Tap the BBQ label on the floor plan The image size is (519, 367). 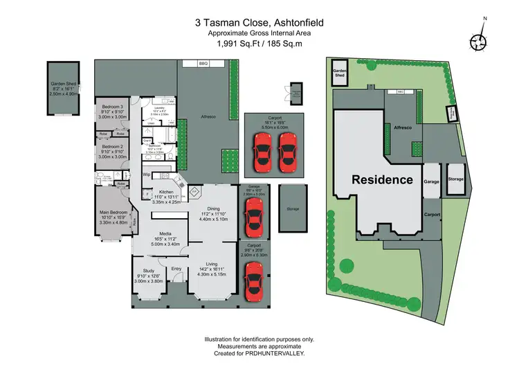click(x=203, y=64)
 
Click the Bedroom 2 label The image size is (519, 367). click(x=112, y=147)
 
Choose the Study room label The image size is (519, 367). click(x=148, y=271)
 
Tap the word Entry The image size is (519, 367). click(x=176, y=269)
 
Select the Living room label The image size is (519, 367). click(x=212, y=264)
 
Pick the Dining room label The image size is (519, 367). click(x=212, y=208)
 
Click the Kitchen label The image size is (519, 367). click(x=165, y=193)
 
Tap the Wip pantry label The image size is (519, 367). click(x=147, y=174)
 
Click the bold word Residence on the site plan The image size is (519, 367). click(x=383, y=179)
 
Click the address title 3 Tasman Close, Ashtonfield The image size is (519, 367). click(x=259, y=22)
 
